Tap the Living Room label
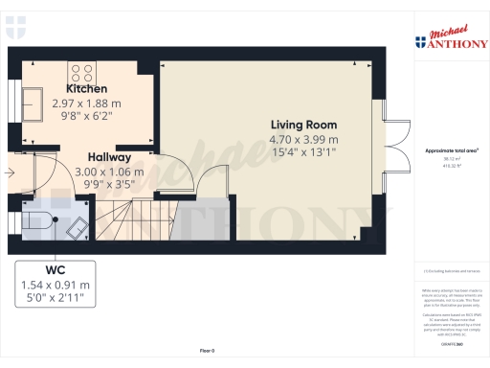point(303,125)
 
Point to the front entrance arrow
point(11,173)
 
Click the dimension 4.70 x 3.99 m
point(303,137)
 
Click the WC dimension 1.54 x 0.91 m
point(56,285)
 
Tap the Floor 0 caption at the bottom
point(206,352)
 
